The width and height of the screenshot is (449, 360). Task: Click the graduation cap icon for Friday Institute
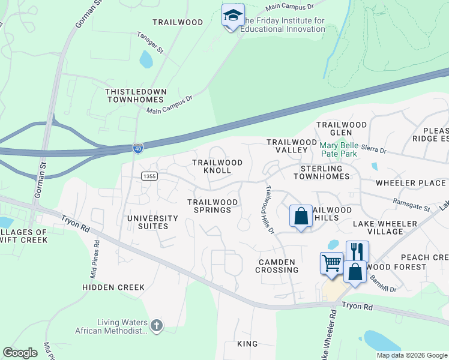point(233,16)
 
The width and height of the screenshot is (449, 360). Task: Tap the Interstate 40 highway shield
point(137,148)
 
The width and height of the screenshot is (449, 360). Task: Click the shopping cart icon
point(331,263)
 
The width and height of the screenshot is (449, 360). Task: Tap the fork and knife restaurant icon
point(357,251)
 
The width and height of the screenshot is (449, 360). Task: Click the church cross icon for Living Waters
point(156,326)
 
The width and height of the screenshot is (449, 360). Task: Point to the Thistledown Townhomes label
point(135,95)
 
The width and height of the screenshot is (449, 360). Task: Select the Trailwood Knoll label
point(217,166)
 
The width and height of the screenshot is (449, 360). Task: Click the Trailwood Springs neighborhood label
point(209,206)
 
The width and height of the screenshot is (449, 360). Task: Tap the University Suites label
point(152,223)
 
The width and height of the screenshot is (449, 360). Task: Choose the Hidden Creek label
point(114,287)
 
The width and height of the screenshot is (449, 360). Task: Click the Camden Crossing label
point(277,266)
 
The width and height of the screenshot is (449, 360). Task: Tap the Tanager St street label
point(150,43)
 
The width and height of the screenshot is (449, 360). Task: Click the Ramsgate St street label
point(412,205)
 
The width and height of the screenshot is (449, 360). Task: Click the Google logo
point(20,353)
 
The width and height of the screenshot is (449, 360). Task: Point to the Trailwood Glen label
point(342,128)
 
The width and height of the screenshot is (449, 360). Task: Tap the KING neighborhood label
point(247,344)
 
